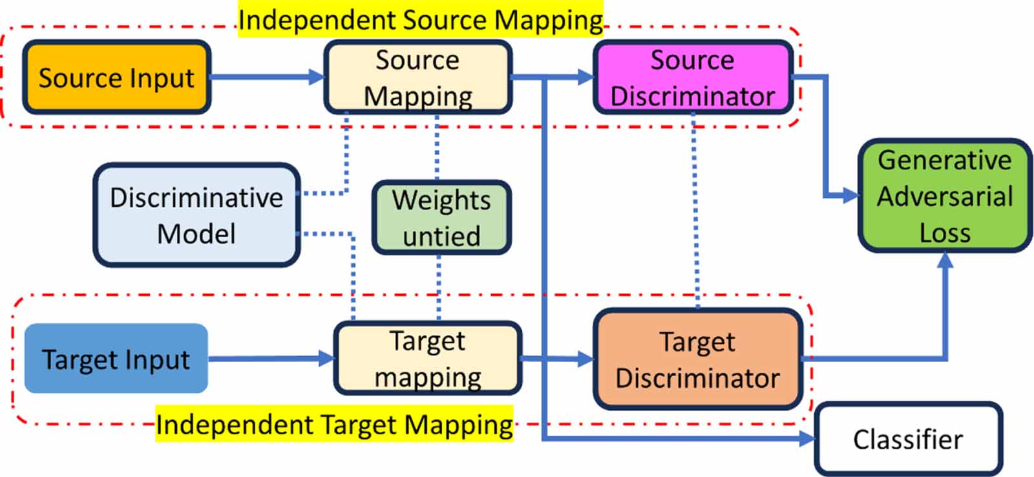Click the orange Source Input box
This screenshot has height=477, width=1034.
click(116, 78)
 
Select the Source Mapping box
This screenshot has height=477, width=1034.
click(417, 78)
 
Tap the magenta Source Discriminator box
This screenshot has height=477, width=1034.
click(693, 78)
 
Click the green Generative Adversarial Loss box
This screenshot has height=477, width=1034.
click(945, 196)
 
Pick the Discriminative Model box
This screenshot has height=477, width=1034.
click(196, 215)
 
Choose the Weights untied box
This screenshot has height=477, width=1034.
click(441, 218)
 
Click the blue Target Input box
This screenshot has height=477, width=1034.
click(116, 359)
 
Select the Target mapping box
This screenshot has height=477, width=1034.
click(427, 359)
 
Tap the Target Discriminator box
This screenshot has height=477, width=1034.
click(698, 359)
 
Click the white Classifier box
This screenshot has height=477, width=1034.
click(908, 440)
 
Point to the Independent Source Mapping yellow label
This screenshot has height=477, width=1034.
click(420, 19)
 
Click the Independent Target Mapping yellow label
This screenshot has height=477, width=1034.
click(334, 425)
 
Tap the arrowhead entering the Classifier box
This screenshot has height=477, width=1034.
click(808, 439)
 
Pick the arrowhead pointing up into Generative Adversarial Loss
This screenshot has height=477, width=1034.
click(945, 260)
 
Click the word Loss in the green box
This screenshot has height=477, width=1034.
click(945, 233)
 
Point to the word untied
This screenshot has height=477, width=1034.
click(441, 236)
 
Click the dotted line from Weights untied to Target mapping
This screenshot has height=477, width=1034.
click(439, 288)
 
